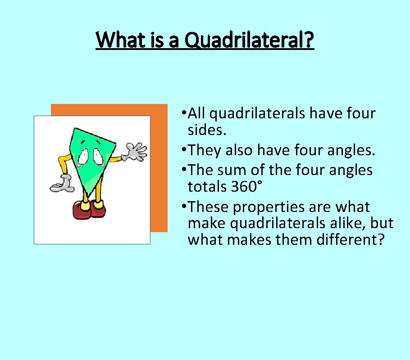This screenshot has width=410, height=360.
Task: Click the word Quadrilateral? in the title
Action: point(250,40)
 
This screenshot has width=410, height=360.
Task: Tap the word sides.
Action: point(203,130)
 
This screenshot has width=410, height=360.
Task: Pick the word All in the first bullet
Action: point(197,113)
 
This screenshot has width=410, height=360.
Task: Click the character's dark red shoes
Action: point(89,210)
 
